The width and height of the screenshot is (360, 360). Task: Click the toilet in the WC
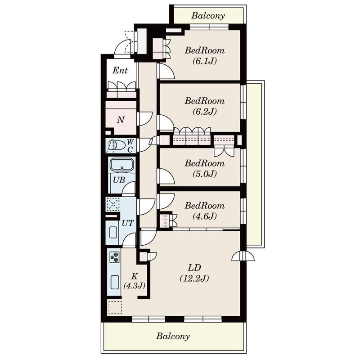(117, 145)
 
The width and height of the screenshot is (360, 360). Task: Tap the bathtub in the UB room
(121, 165)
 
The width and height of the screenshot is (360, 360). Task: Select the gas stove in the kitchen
(115, 257)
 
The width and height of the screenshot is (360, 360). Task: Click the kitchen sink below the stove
(115, 282)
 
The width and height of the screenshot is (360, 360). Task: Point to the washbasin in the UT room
(113, 232)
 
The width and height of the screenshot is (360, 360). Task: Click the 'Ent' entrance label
(120, 70)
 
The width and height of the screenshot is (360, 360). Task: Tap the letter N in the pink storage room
(121, 120)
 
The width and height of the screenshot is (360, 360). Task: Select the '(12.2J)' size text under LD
(194, 278)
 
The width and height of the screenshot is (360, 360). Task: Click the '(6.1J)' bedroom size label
(205, 61)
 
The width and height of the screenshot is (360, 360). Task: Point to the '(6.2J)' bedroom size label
(205, 112)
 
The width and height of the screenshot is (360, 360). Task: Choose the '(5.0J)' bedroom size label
(205, 174)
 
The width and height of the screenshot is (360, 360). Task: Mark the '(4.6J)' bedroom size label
(205, 216)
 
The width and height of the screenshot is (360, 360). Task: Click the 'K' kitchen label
(134, 276)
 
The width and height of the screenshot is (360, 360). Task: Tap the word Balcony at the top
(208, 16)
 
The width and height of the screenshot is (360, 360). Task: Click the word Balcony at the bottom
(173, 336)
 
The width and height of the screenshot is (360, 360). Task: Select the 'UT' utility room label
(128, 223)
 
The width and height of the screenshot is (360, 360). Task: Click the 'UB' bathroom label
(119, 180)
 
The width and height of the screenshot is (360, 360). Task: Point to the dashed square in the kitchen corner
(115, 307)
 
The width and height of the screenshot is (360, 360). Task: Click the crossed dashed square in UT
(113, 204)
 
